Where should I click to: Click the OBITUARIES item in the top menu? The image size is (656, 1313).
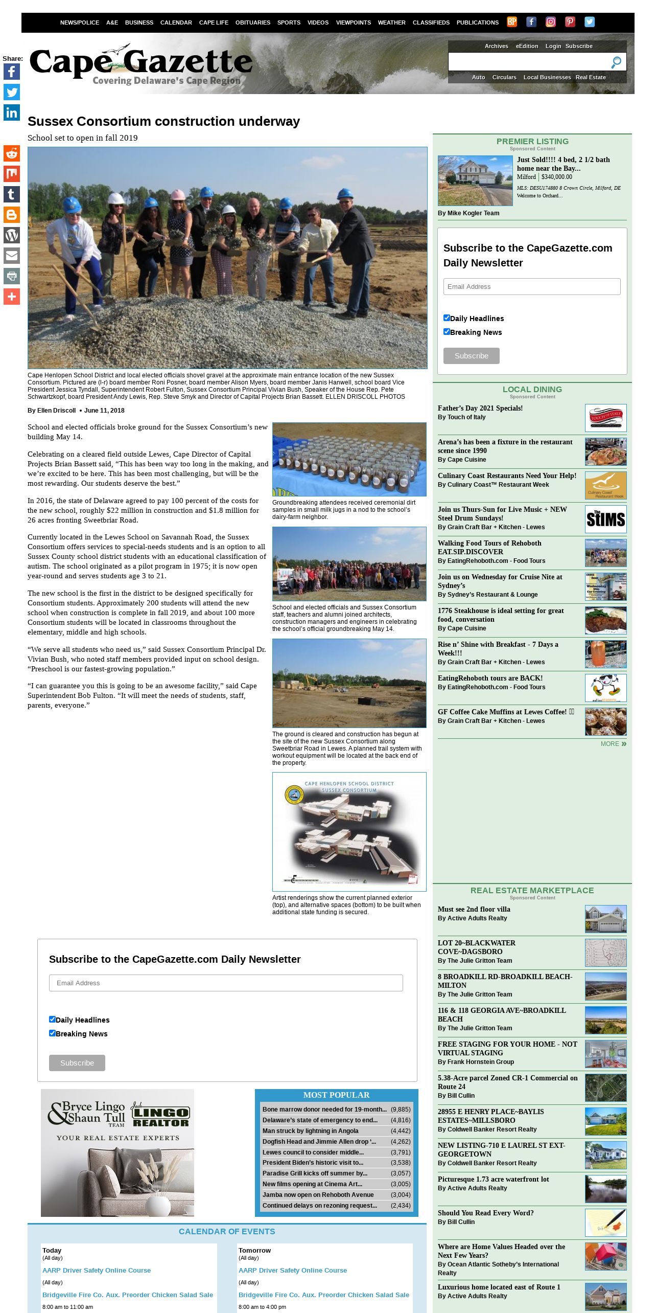coord(252,22)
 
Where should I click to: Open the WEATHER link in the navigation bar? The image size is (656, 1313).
coord(391,22)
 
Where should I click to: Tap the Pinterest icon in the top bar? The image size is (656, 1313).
coord(570,21)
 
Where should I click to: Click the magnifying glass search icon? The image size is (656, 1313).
coord(616,62)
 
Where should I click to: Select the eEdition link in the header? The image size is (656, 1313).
coord(527,46)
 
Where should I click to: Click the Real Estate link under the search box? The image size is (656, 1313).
coord(591,77)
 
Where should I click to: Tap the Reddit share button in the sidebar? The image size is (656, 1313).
coord(12,153)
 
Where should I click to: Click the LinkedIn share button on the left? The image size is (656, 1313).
coord(12,112)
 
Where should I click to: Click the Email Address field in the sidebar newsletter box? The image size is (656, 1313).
coord(532,286)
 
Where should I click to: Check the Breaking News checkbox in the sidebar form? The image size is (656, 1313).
coord(447,331)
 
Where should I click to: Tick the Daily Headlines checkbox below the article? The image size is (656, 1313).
coord(52,1019)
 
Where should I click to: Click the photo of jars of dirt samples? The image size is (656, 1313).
coord(349,459)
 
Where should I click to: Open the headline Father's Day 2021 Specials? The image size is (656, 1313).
coord(480,408)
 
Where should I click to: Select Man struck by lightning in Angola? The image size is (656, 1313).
coord(310,1130)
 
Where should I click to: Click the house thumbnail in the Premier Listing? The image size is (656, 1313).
coord(475,180)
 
